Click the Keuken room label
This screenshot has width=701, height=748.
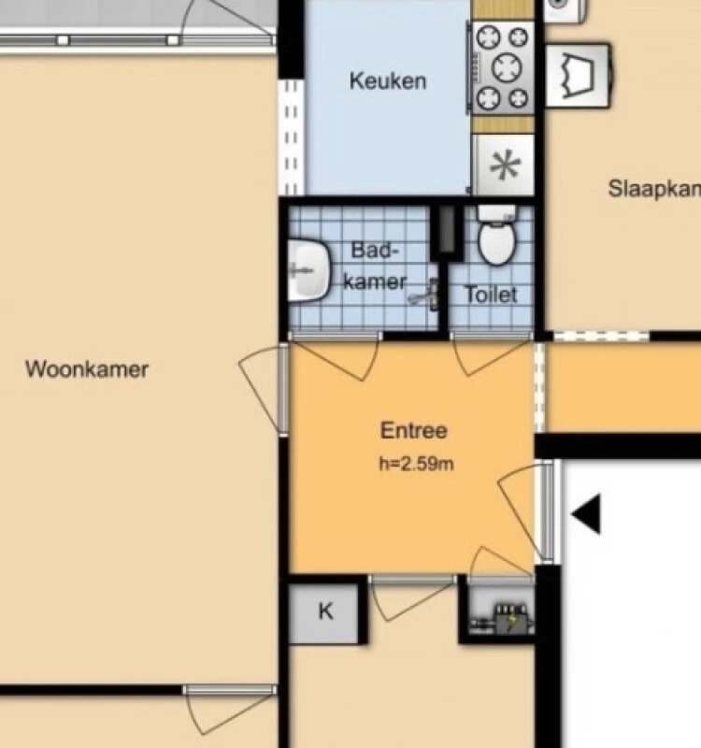(387, 80)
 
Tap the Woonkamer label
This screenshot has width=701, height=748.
(86, 368)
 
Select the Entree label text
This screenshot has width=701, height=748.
(413, 431)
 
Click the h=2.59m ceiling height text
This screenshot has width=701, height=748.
(416, 463)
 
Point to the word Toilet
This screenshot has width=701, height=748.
(491, 295)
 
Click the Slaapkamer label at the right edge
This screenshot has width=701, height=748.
(654, 188)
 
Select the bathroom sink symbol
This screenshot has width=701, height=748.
(308, 269)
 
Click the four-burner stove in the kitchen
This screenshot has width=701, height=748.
(503, 68)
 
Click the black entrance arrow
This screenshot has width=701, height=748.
(586, 514)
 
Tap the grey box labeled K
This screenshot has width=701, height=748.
(325, 612)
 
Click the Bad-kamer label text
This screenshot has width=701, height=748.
(374, 266)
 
